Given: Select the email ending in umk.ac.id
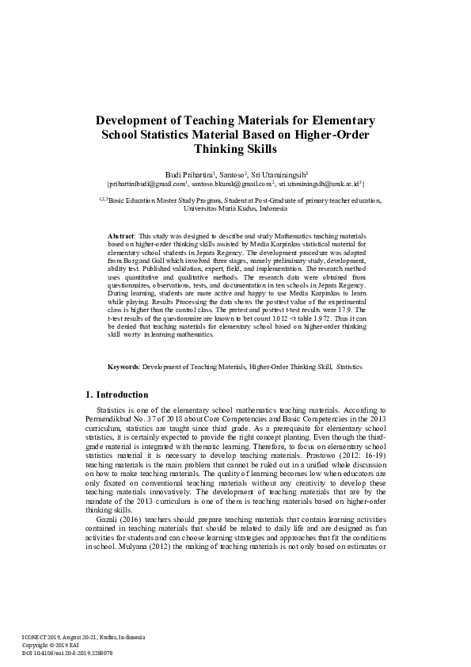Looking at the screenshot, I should point(321,183).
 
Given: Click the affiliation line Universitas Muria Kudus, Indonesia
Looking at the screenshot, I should point(235,208).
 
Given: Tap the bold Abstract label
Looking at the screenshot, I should point(121,237).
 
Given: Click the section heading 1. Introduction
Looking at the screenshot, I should point(116,394).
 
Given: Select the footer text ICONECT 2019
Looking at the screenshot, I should point(42,638).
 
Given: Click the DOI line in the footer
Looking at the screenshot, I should point(66,654).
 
